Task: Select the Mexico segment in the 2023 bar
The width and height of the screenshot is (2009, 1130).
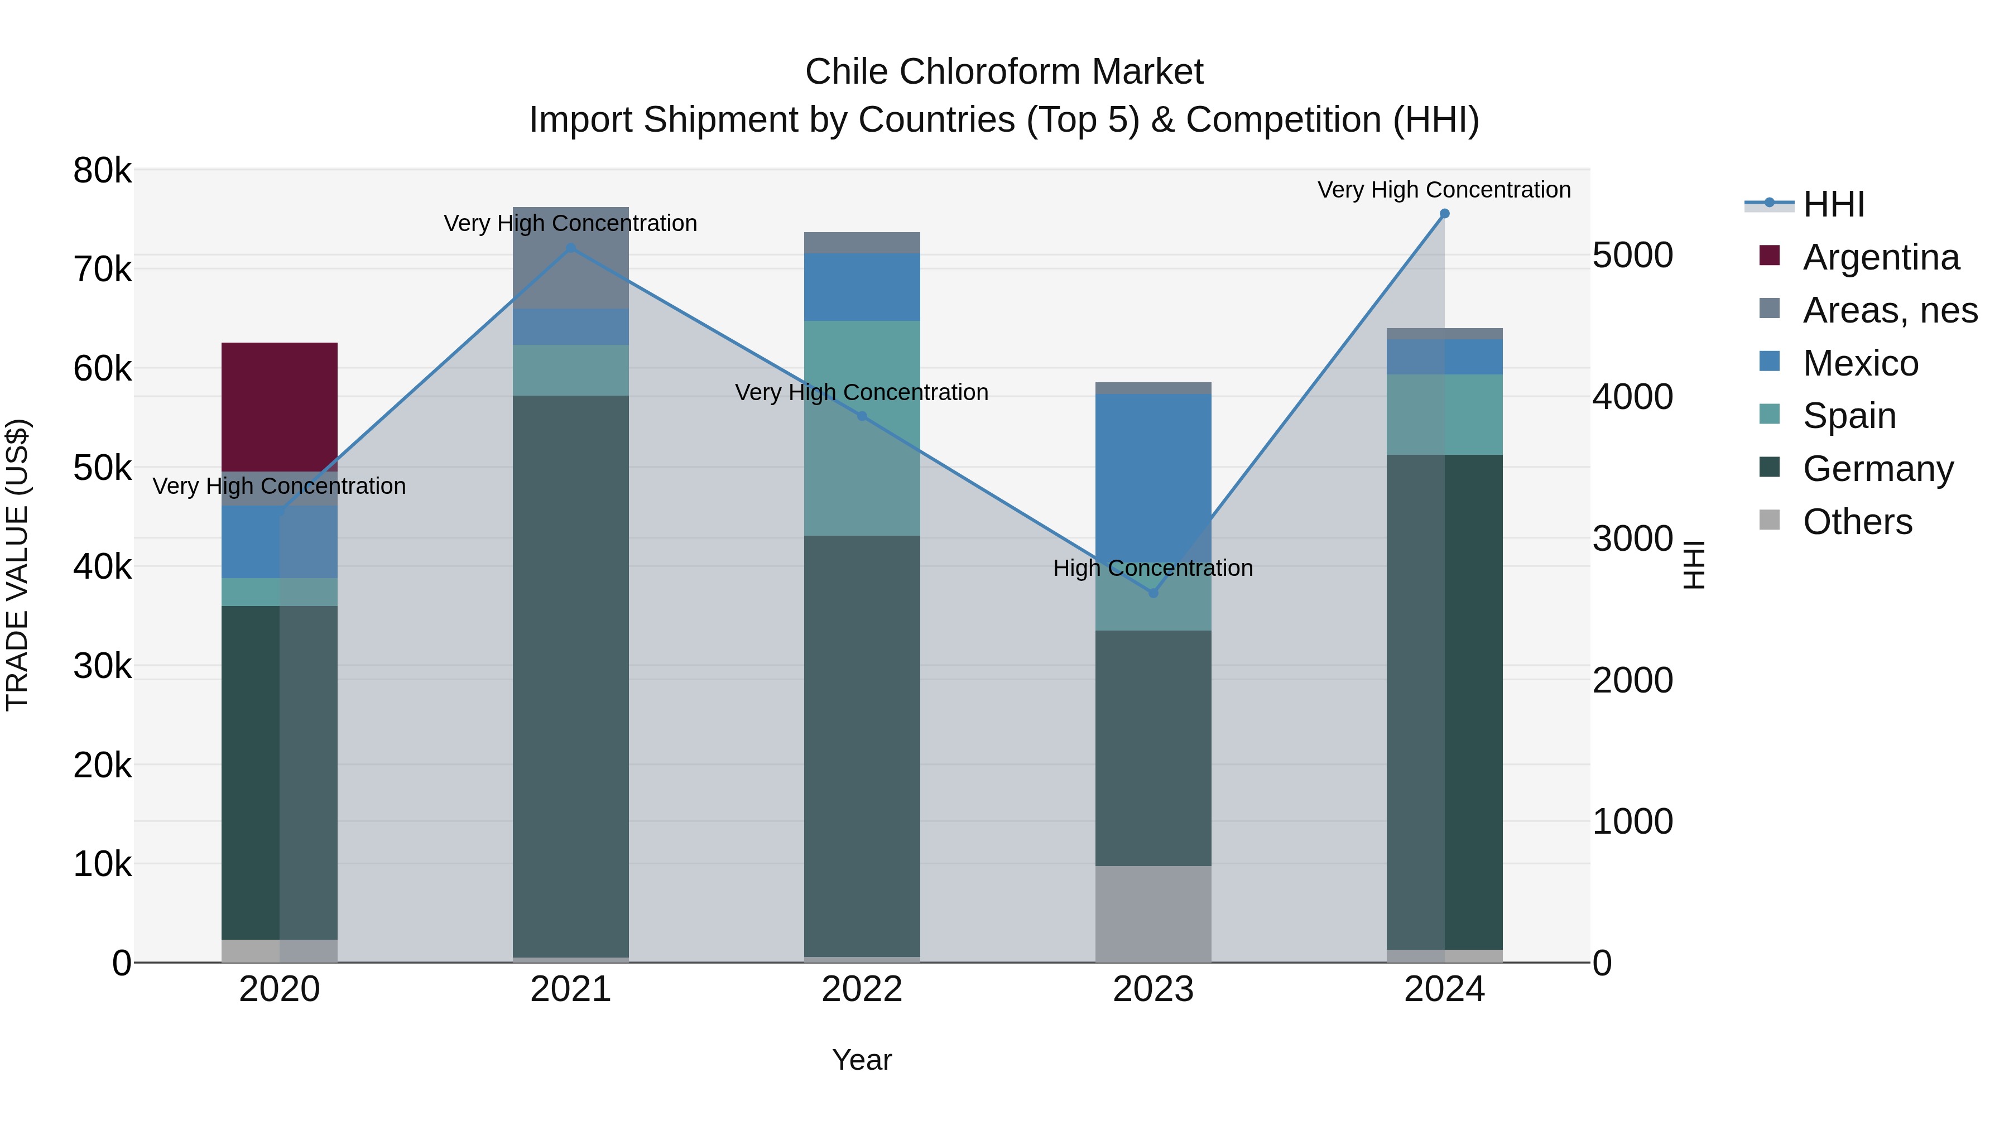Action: pyautogui.click(x=1153, y=468)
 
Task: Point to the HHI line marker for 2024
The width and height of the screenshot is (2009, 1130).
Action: pyautogui.click(x=1444, y=214)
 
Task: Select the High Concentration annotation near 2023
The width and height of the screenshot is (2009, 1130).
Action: pyautogui.click(x=1153, y=569)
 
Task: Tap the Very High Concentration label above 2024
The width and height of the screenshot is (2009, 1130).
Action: pyautogui.click(x=1444, y=190)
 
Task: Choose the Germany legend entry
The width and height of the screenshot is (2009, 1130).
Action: pyautogui.click(x=1877, y=469)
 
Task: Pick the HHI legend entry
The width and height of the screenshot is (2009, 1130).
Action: pyautogui.click(x=1833, y=204)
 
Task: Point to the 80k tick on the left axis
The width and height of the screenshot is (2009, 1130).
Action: pyautogui.click(x=102, y=171)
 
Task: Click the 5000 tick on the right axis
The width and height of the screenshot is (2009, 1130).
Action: pyautogui.click(x=1632, y=256)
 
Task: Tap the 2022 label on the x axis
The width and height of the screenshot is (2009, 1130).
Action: pyautogui.click(x=862, y=989)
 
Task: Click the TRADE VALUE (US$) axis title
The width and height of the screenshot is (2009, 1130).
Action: pyautogui.click(x=17, y=565)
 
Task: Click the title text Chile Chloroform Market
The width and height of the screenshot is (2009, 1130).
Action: pyautogui.click(x=1004, y=72)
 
